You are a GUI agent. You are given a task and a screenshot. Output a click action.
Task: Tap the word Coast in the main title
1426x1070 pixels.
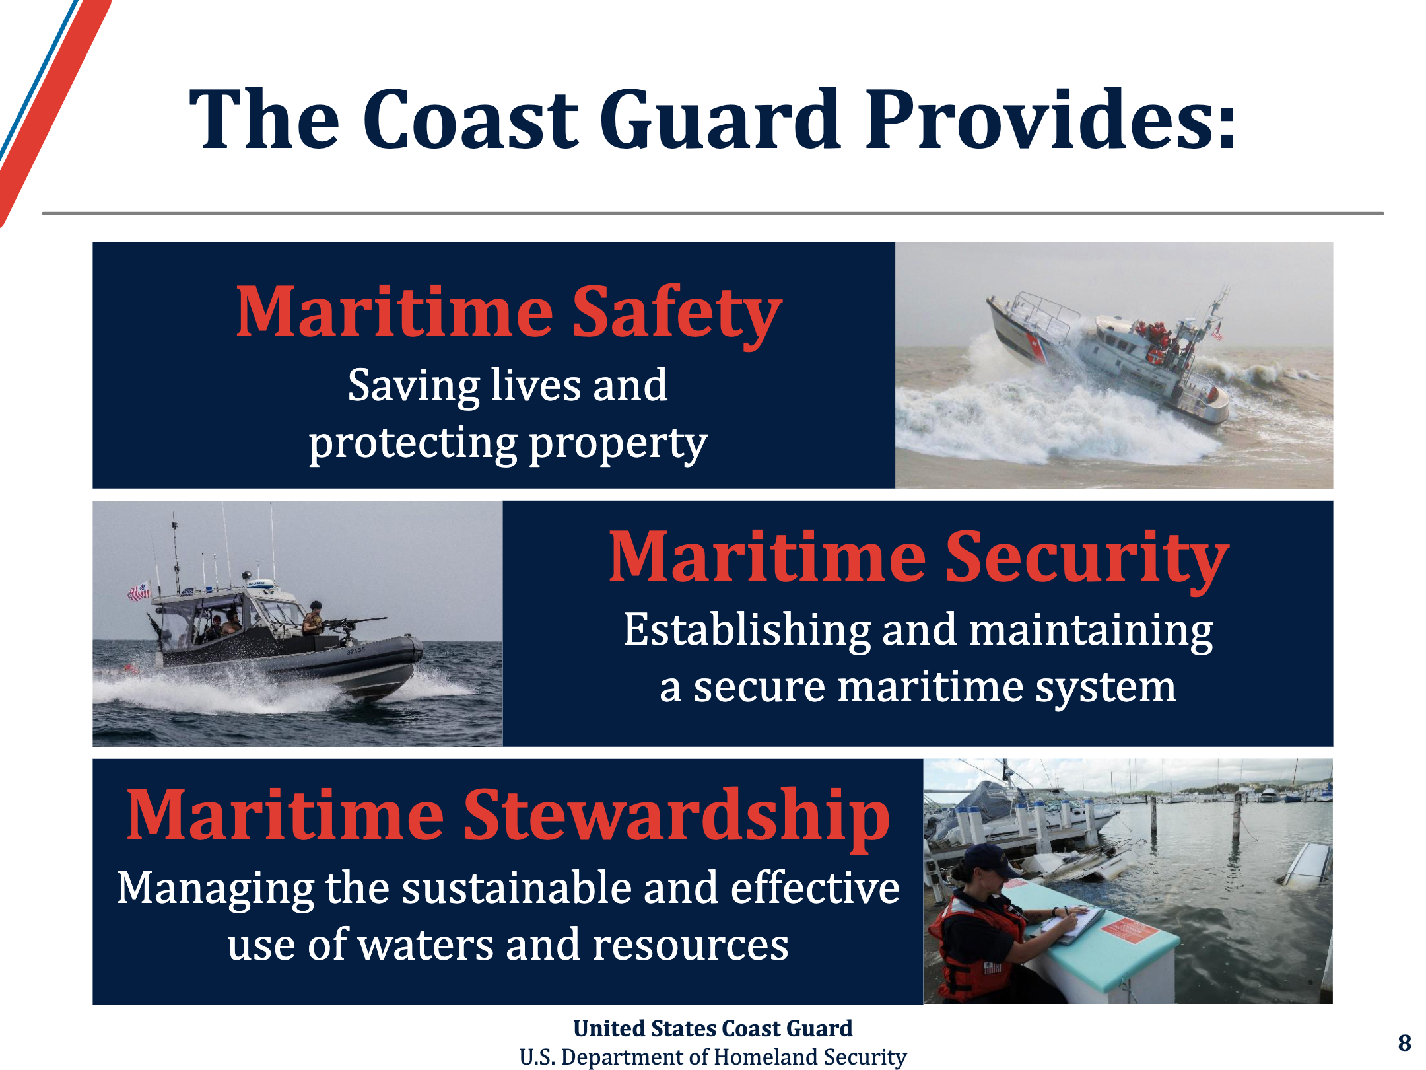(x=471, y=119)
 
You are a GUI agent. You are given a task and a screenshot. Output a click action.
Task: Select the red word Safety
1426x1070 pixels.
(x=677, y=313)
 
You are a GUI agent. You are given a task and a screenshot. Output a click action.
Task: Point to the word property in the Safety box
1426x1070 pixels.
(x=618, y=444)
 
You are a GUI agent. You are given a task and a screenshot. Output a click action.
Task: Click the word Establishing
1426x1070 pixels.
(x=747, y=630)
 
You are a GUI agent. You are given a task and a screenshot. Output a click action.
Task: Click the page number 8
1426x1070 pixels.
(x=1405, y=1042)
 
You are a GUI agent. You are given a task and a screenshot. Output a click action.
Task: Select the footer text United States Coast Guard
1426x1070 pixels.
(x=713, y=1028)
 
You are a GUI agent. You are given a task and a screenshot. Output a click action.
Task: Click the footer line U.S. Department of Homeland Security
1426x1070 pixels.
(x=713, y=1057)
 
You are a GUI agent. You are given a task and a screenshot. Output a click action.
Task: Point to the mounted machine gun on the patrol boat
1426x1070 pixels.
(x=353, y=622)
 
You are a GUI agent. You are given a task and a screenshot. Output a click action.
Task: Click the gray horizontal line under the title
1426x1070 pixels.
(x=713, y=213)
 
